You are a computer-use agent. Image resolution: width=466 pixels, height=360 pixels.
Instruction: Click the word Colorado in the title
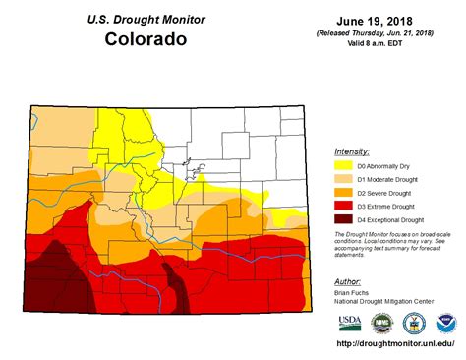(146, 41)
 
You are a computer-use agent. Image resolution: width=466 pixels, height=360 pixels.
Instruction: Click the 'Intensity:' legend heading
(352, 151)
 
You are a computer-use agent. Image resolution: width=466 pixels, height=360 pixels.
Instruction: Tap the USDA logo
(349, 324)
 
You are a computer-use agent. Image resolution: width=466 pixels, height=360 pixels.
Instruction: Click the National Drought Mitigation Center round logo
(380, 324)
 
